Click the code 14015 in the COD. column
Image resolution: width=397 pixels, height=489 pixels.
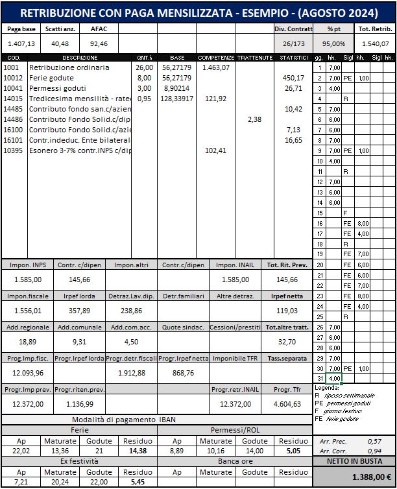pos(13,99)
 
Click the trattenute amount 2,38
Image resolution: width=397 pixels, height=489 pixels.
pos(254,119)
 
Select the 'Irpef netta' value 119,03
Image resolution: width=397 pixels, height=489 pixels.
pos(286,311)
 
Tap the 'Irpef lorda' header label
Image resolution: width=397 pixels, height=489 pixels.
pos(78,296)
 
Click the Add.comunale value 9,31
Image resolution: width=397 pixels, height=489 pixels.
pos(78,342)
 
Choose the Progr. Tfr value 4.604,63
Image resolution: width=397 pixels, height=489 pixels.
pos(286,404)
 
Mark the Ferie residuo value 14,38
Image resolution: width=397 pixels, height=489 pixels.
pos(138,450)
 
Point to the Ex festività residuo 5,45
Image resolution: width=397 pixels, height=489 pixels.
pos(138,483)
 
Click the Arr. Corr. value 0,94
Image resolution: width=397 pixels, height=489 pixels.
pos(374,450)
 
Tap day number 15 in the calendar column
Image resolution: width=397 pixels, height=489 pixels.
pos(319,213)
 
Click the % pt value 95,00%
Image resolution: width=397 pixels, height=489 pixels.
pos(334,43)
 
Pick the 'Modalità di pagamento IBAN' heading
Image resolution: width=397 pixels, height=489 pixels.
pos(156,420)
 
